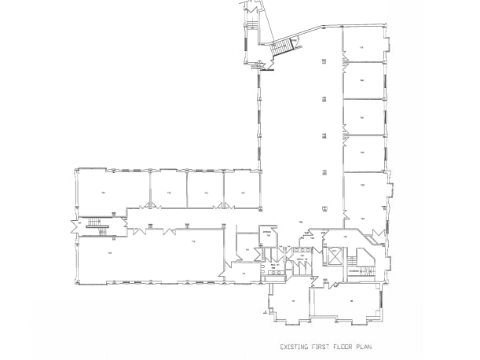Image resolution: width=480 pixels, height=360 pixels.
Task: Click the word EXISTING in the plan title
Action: click(295, 346)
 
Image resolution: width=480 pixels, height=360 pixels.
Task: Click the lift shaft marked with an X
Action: click(333, 254)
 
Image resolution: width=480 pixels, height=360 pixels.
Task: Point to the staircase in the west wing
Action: click(95, 226)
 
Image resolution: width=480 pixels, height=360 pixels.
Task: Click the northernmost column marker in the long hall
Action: click(324, 61)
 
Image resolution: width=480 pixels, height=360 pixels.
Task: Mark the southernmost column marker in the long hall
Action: click(324, 207)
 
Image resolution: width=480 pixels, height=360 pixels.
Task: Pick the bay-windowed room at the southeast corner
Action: click(351, 301)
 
